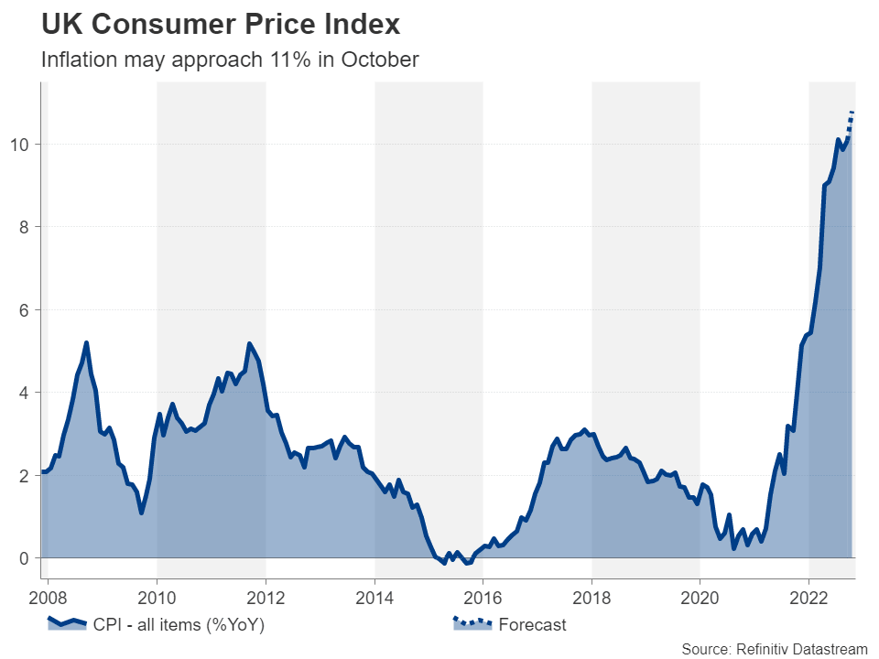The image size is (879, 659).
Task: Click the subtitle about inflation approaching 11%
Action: click(230, 60)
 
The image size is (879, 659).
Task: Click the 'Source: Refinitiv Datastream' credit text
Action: click(774, 648)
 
